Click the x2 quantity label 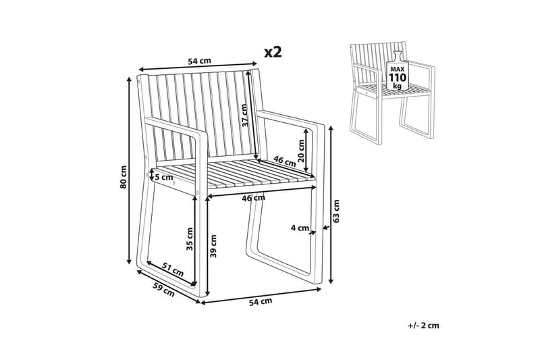tap(273, 52)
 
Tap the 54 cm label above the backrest tap(199, 61)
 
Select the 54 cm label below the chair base tap(261, 301)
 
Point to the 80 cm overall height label tap(124, 177)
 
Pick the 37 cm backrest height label tap(244, 115)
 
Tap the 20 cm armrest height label tap(301, 151)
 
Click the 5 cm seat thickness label tap(164, 178)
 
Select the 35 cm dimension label tap(190, 238)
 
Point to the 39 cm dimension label tap(213, 247)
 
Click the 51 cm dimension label tap(173, 269)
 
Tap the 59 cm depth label tap(164, 290)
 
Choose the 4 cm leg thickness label tap(300, 228)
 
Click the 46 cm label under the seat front tap(254, 198)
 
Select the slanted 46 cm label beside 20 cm tap(285, 161)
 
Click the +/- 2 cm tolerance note tap(424, 325)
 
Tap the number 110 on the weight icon tap(398, 77)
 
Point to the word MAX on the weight tap(398, 70)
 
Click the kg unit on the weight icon tap(398, 86)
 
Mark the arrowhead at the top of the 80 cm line tap(129, 79)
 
